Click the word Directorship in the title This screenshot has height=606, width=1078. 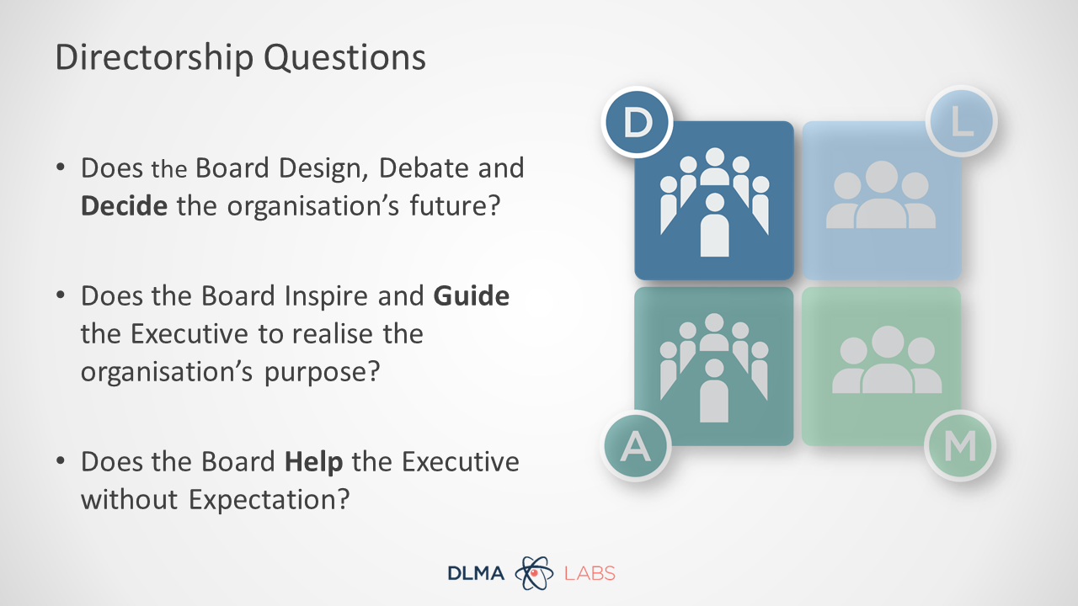click(x=154, y=58)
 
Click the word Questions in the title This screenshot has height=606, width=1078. click(x=344, y=58)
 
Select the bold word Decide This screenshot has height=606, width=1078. click(x=124, y=206)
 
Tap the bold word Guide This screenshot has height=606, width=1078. click(x=471, y=295)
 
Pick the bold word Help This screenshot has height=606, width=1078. click(x=314, y=462)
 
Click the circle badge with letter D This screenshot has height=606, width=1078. click(x=637, y=122)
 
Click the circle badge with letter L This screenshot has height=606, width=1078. click(x=962, y=121)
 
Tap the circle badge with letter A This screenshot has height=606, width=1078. click(x=636, y=446)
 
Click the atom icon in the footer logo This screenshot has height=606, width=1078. click(x=534, y=573)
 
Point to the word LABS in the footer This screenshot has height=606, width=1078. click(x=590, y=573)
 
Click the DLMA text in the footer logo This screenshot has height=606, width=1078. click(x=476, y=573)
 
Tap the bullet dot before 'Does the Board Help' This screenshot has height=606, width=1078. click(x=60, y=460)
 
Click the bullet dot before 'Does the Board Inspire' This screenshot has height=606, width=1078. click(x=60, y=295)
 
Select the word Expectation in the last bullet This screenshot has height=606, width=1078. click(x=269, y=500)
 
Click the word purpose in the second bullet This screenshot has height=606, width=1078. click(x=322, y=373)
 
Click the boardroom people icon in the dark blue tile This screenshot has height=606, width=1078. click(x=714, y=201)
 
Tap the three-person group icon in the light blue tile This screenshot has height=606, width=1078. click(x=881, y=194)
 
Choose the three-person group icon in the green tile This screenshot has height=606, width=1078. click(x=887, y=359)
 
